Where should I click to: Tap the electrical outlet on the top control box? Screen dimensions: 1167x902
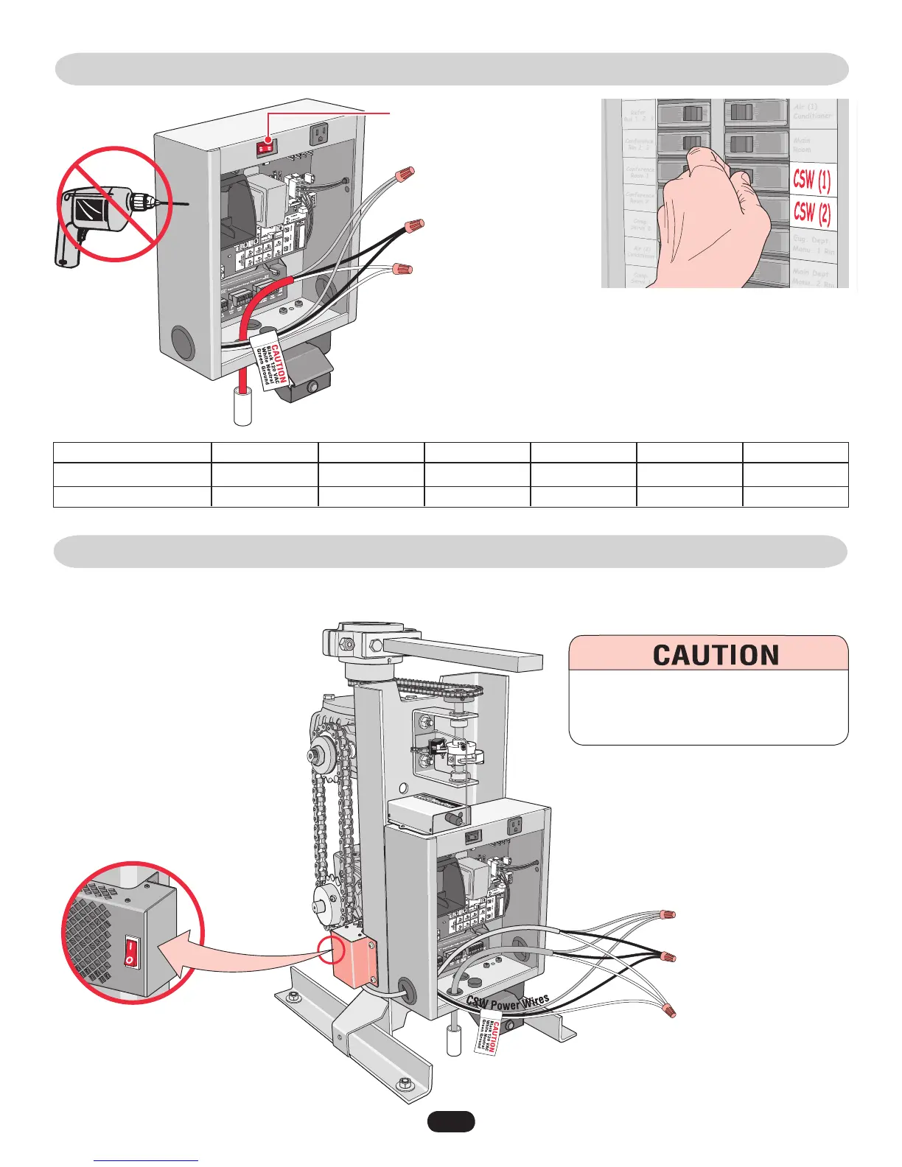[x=320, y=133]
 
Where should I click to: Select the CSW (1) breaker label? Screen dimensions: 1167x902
[x=811, y=179]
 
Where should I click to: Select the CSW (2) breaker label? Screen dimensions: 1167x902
[x=811, y=213]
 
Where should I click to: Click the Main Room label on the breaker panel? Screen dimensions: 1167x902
[x=802, y=144]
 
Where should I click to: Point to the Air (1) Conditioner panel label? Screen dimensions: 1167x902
[x=812, y=111]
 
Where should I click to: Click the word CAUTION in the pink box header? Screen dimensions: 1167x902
[x=716, y=655]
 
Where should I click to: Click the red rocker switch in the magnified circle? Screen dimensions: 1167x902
[x=130, y=951]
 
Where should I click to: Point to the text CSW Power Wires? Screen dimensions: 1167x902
[x=508, y=1002]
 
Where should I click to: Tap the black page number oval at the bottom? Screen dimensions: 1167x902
[x=451, y=1121]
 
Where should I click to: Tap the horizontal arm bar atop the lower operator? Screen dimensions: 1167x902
[x=462, y=654]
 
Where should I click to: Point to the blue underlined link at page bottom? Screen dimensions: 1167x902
[x=147, y=1160]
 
